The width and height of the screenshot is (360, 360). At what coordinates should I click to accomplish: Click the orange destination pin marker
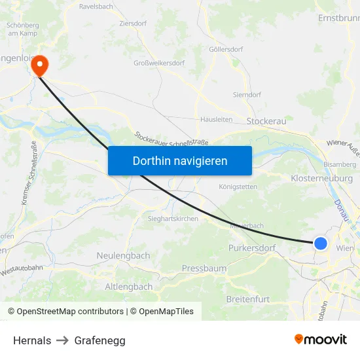[x=41, y=65]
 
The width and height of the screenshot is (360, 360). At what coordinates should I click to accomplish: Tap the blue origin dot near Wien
[x=320, y=243]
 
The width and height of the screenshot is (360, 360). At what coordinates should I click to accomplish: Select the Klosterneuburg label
[x=321, y=178]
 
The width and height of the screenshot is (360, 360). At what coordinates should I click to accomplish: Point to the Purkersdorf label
[x=251, y=248]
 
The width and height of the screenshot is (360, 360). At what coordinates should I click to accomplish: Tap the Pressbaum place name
[x=204, y=268]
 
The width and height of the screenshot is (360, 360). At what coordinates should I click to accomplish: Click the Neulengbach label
[x=123, y=256]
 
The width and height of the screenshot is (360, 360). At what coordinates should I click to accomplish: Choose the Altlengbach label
[x=129, y=287]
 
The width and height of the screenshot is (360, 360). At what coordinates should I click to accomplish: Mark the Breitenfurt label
[x=247, y=299]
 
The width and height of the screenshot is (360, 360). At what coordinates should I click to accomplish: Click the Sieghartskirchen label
[x=173, y=219]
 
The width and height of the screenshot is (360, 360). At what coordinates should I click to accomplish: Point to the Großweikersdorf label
[x=159, y=63]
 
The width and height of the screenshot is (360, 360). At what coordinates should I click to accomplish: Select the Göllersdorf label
[x=226, y=50]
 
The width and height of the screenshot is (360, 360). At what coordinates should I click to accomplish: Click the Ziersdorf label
[x=134, y=23]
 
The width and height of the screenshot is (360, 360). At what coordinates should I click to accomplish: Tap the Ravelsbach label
[x=96, y=7]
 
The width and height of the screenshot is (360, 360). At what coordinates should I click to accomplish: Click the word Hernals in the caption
[x=32, y=340]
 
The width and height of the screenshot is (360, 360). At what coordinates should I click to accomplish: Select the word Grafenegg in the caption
[x=100, y=340]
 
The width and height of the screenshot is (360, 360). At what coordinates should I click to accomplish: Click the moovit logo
[x=320, y=339]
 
